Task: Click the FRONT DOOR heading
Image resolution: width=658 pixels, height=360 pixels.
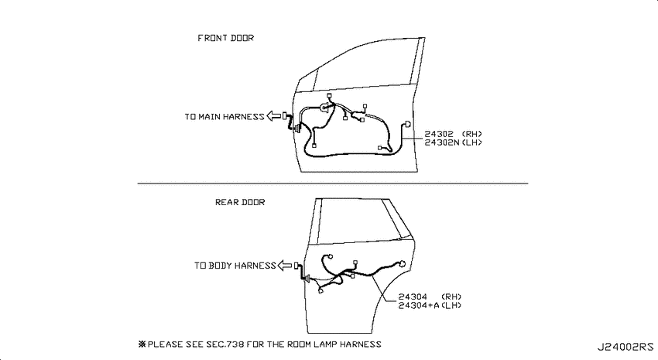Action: point(226,38)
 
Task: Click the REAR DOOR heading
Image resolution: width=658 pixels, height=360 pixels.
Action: point(240,202)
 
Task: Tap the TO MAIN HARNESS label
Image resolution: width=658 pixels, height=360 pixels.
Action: point(224,117)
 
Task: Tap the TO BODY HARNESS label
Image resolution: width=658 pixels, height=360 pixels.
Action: point(235,266)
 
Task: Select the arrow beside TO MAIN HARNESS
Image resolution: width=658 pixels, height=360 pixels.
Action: point(273,116)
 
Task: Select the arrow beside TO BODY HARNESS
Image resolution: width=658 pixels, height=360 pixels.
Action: point(285,266)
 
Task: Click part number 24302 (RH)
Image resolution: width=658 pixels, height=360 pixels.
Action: point(453,134)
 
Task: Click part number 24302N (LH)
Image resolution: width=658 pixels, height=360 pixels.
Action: point(453,142)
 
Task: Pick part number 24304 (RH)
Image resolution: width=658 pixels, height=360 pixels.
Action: point(430,297)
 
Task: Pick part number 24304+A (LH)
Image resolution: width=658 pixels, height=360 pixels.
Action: point(430,305)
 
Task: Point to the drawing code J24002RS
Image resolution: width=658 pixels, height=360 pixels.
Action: point(625,347)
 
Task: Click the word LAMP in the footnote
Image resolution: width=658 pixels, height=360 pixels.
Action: point(325,345)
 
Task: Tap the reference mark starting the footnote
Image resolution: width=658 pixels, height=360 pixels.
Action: point(142,344)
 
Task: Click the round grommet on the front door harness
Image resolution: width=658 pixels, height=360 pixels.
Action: point(325,108)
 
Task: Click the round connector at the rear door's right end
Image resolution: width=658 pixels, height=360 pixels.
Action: point(402,264)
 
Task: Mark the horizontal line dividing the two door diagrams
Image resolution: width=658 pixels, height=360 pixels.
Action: point(333,183)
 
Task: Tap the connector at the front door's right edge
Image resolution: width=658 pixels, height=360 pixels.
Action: point(407,124)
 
